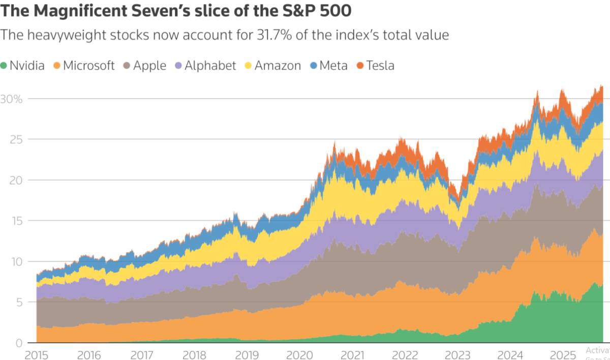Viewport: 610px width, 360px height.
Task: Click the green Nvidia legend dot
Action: [x=4, y=66]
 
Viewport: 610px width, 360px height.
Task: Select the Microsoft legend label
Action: [x=89, y=66]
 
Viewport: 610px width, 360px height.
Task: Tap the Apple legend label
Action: [x=149, y=66]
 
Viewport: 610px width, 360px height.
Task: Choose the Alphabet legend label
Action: [x=210, y=66]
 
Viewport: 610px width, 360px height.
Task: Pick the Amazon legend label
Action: [x=278, y=66]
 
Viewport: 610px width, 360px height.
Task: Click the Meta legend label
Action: [x=333, y=66]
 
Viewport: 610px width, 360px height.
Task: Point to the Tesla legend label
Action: [x=380, y=66]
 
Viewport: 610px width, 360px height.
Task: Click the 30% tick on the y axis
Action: [x=11, y=99]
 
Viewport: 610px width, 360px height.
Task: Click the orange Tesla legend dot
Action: [x=360, y=66]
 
